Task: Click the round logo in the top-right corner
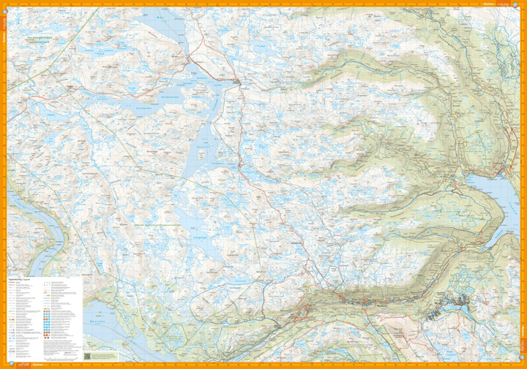point(520,5)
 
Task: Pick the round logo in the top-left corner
point(6,5)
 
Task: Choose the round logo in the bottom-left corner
point(6,363)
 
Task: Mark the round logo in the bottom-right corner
point(520,363)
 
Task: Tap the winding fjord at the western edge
point(44,241)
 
